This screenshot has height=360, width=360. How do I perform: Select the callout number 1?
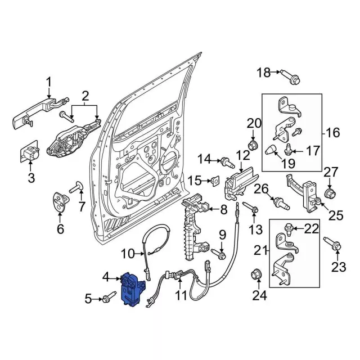[48, 82]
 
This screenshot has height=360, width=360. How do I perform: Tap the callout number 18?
[264, 72]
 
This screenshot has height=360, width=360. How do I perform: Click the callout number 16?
[332, 133]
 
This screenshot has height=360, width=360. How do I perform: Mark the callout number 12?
[242, 155]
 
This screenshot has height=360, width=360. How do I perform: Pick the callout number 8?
[223, 210]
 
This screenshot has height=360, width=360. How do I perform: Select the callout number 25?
[336, 215]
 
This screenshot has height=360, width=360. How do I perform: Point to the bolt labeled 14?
[227, 164]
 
